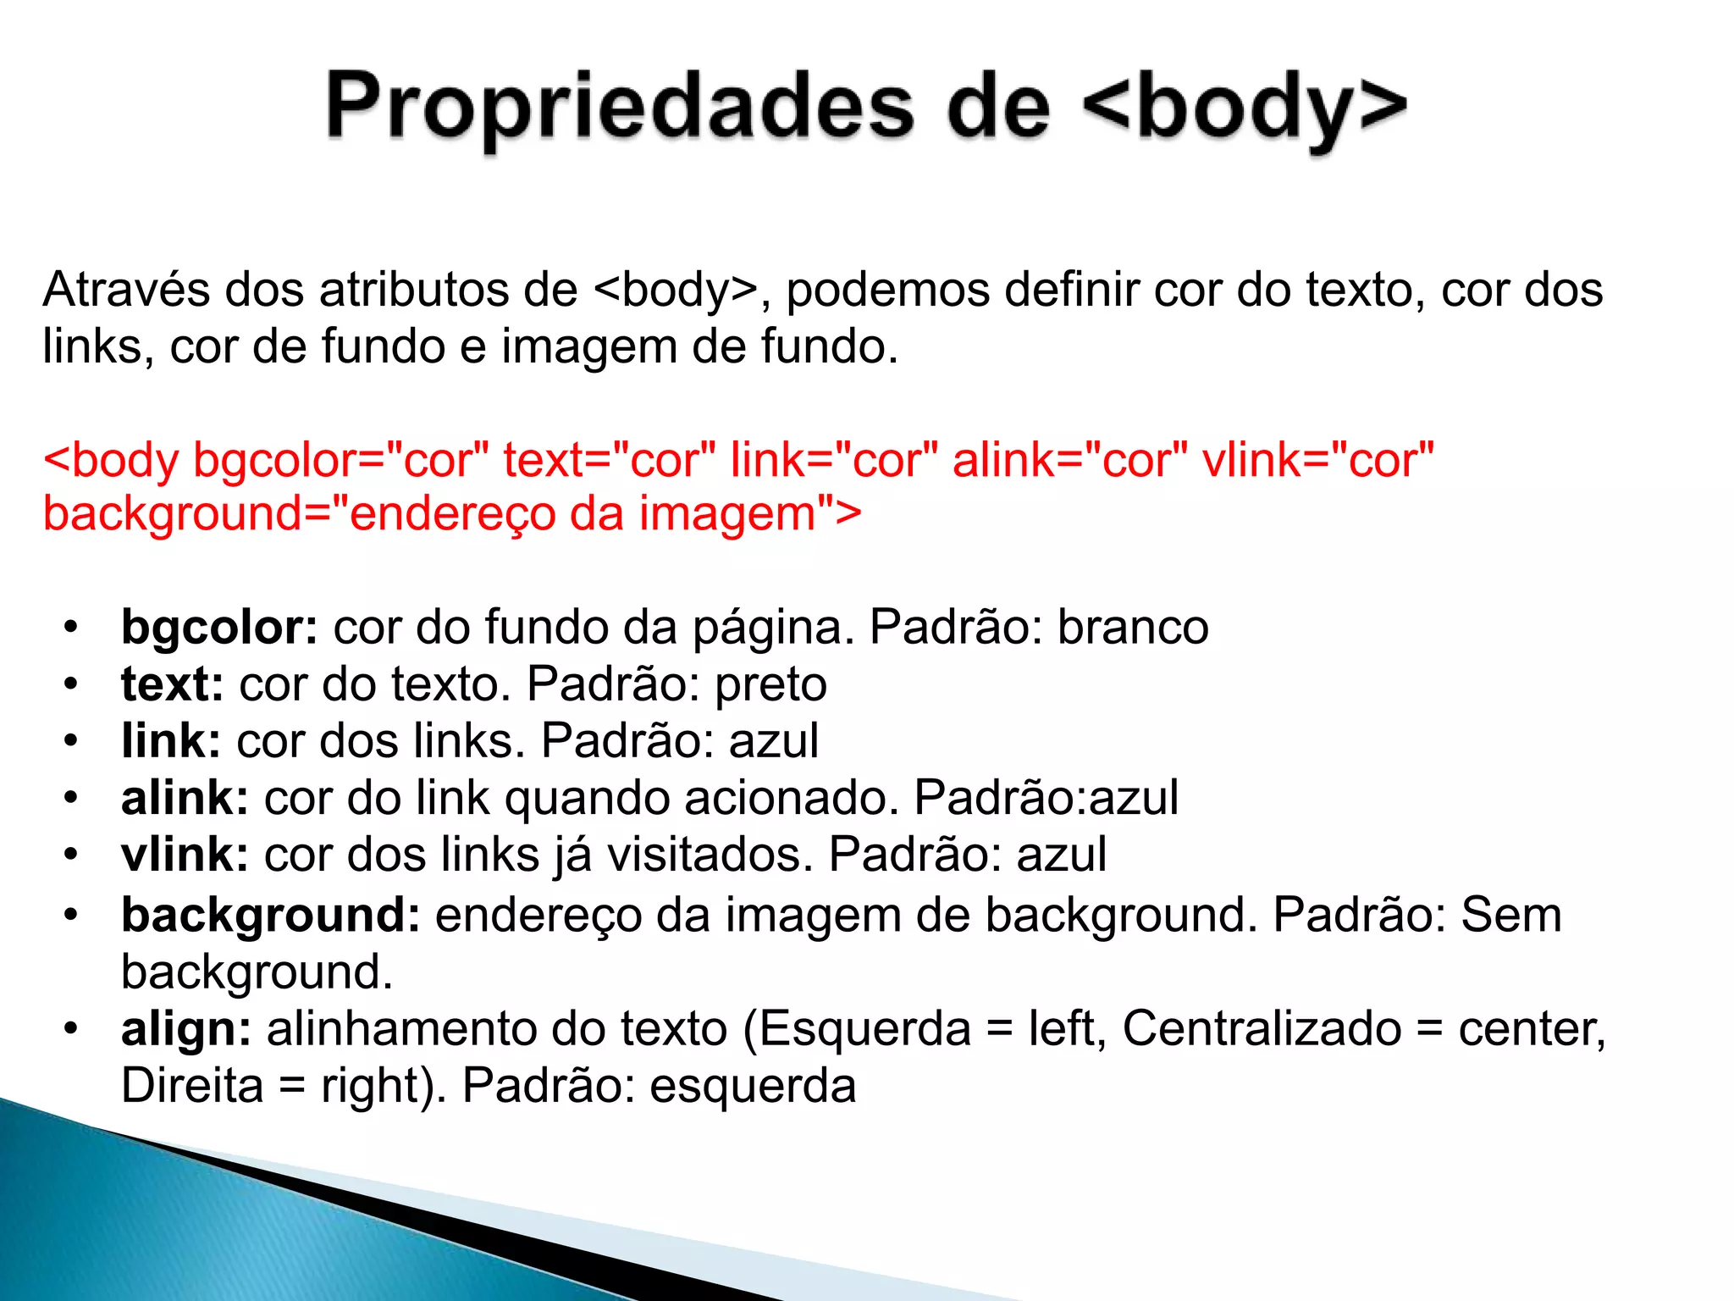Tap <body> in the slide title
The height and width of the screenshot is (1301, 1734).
(x=1245, y=108)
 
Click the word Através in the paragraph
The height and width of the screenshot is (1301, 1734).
(x=126, y=290)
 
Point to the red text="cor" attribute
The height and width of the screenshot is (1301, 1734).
(x=610, y=460)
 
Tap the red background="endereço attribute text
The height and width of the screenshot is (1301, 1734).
(x=296, y=514)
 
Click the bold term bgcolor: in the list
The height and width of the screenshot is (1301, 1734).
(x=219, y=628)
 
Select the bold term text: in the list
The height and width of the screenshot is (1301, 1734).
(x=172, y=684)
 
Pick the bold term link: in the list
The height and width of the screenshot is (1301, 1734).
(x=171, y=741)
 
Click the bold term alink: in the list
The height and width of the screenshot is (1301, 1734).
(x=185, y=798)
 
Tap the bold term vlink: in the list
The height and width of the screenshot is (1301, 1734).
(x=185, y=855)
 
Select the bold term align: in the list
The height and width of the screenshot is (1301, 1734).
(x=186, y=1029)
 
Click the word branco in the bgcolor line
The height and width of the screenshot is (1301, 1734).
(x=1133, y=628)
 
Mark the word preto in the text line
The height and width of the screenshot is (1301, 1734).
(x=770, y=684)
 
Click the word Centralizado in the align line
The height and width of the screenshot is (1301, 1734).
(x=1262, y=1029)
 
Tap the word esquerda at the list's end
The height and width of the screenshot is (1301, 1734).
(x=753, y=1086)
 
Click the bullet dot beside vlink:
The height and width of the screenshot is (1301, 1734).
(x=71, y=855)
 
